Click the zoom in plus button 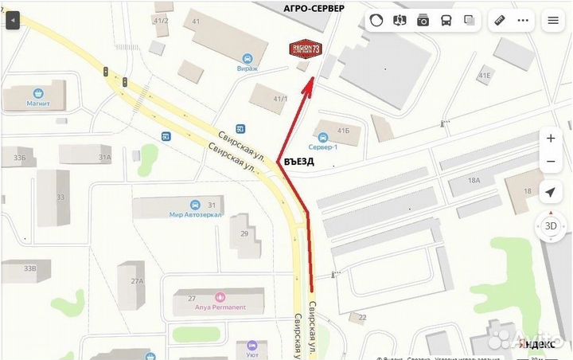tap(551, 138)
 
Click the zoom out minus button tap(551, 162)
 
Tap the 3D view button tap(550, 225)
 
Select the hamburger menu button tap(552, 22)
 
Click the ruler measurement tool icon tap(501, 21)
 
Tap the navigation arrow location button tap(550, 192)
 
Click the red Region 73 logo tap(306, 49)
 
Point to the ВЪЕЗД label tap(299, 161)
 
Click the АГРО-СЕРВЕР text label tap(314, 8)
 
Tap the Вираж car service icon tap(248, 58)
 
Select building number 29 tap(244, 233)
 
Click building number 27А tap(137, 281)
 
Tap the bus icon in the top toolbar tap(446, 21)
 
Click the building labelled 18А tap(474, 181)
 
